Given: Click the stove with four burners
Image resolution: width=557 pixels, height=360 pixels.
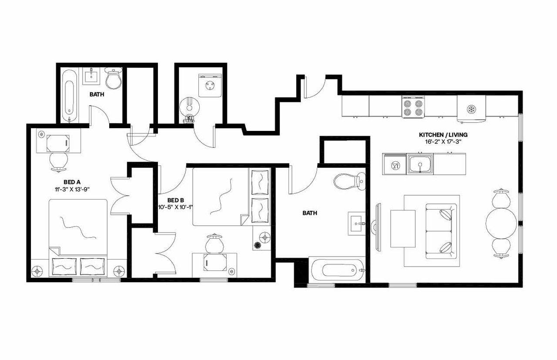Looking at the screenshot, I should [413, 107].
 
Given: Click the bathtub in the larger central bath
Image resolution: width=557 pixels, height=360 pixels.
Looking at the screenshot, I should [337, 271].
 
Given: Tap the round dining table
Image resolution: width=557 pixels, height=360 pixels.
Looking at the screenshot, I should [501, 222].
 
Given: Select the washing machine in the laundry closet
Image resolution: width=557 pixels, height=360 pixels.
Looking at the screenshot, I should [208, 86].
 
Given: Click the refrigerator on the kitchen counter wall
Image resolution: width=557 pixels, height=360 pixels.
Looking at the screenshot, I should [471, 107].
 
